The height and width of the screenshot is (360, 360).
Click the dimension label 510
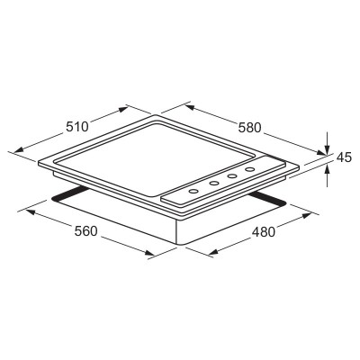77,126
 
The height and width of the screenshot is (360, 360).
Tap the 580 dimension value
250,128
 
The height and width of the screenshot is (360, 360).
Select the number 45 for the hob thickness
344,157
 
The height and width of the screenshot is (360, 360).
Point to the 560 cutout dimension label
86,231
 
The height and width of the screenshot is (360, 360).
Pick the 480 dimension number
264,232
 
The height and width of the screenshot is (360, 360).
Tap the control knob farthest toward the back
249,169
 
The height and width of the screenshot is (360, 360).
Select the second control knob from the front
214,184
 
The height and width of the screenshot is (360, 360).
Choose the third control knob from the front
232,176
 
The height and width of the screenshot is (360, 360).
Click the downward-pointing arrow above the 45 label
327,143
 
